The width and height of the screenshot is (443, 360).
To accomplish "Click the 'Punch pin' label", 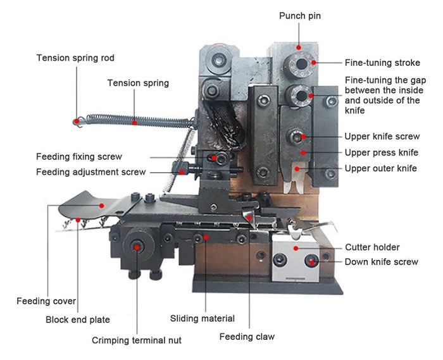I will pos(299,15).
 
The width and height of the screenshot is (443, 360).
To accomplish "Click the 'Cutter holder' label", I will pos(372,247).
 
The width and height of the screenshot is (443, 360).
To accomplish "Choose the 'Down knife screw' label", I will pos(381,261).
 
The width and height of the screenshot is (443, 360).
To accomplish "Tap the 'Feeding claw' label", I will pos(247,337).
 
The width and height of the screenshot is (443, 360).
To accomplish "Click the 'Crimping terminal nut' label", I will pos(137,340).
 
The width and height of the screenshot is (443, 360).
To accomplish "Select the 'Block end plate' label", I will pos(78,320).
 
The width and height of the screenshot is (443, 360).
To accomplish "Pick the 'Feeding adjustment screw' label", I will pos(90,171).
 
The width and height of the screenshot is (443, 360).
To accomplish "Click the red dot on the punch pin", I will pos(299,46).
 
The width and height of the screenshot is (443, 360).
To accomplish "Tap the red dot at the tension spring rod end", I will pos(76,120).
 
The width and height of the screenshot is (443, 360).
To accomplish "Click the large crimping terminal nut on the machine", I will pos(137,246).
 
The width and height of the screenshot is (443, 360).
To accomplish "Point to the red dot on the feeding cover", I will pos(101,204).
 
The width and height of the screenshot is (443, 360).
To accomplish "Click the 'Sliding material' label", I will pos(203,318).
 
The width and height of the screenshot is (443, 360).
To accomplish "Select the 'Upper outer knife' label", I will pos(380,168).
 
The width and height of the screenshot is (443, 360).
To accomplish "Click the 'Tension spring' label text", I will pos(138,83).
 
